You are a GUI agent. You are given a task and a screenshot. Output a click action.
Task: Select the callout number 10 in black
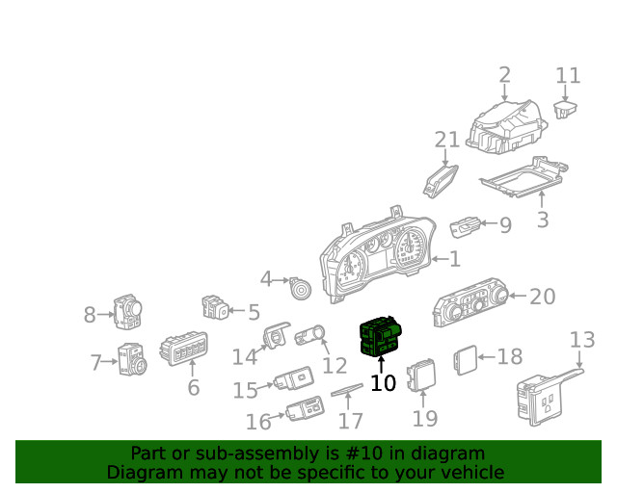pos(383,383)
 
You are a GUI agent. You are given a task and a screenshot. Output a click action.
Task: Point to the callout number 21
pos(446,141)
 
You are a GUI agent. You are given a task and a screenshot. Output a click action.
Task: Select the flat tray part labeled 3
pos(521,178)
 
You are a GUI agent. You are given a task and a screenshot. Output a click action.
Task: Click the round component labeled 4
pos(300,285)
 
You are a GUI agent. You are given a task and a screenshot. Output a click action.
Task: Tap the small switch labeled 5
pos(214,308)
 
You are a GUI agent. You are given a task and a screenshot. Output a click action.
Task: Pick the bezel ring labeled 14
pos(277,336)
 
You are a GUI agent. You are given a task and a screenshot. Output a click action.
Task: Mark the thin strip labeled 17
pos(348,388)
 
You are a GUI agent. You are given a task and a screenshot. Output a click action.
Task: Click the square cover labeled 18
pos(465,358)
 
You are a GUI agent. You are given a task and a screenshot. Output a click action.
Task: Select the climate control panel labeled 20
pos(472,307)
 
